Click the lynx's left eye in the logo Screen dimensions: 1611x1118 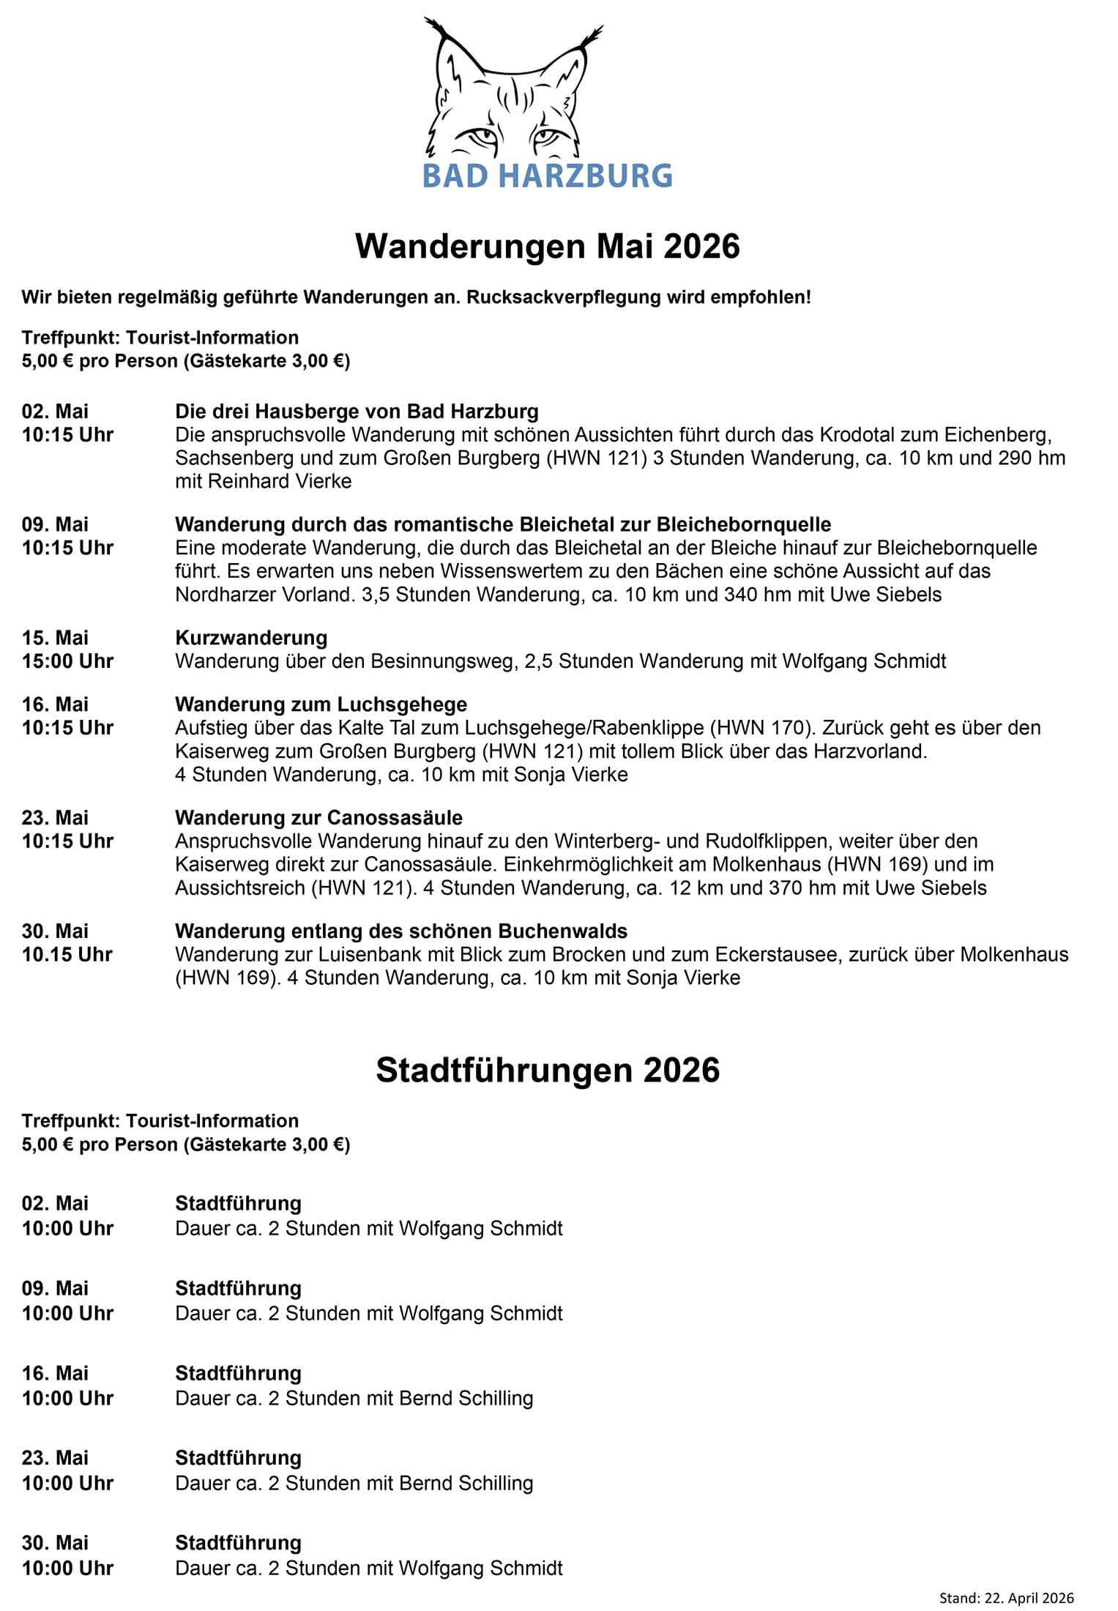[x=480, y=137]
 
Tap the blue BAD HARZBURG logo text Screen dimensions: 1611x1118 [x=548, y=176]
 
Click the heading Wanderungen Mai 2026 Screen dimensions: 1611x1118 [x=548, y=248]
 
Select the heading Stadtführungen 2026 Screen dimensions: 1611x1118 [x=548, y=1070]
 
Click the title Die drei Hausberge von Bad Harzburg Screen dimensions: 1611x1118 [x=357, y=410]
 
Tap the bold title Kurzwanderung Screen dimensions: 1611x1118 [x=251, y=637]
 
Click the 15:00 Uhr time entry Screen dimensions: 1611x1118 [x=67, y=661]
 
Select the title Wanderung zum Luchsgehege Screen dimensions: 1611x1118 [x=321, y=704]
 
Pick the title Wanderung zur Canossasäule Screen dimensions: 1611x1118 [x=318, y=817]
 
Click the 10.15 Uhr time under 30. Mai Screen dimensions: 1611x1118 [x=67, y=955]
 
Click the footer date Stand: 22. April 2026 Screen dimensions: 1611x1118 [x=1007, y=1592]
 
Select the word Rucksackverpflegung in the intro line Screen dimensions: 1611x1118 [x=573, y=298]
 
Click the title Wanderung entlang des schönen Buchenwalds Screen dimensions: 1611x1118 [x=400, y=931]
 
